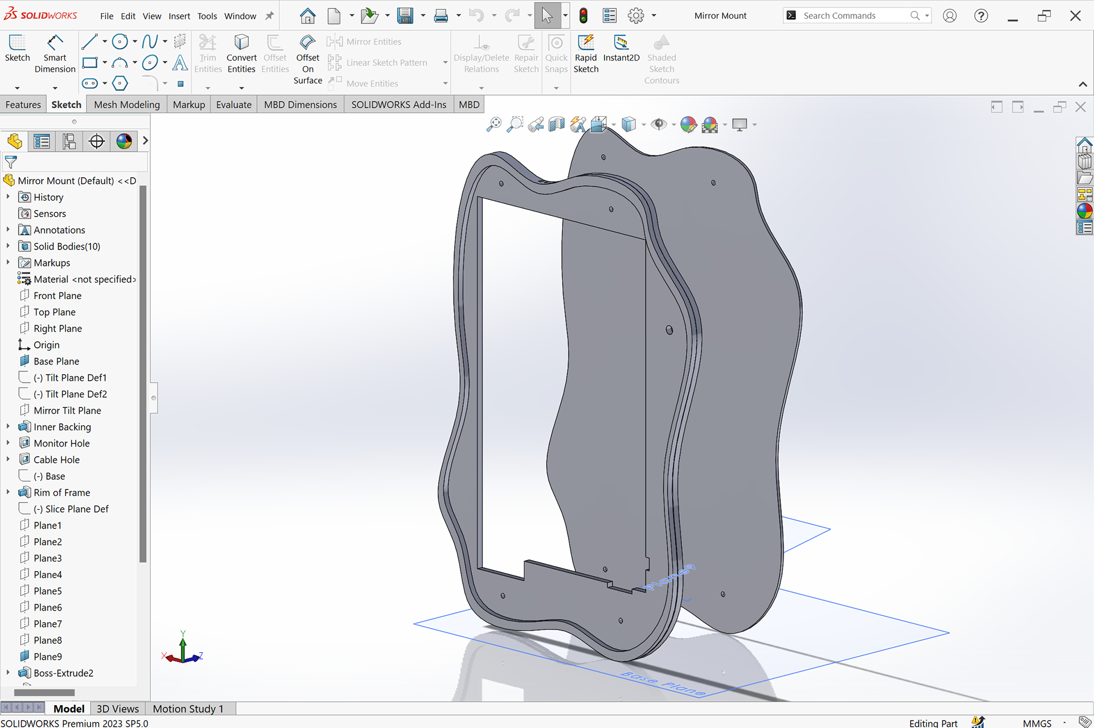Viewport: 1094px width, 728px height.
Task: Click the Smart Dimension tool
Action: pos(55,54)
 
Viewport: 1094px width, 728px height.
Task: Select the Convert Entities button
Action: pos(241,54)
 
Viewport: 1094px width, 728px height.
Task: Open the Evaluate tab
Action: pos(234,104)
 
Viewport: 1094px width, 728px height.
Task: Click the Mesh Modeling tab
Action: pos(126,104)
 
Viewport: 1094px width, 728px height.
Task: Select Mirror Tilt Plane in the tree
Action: pos(67,410)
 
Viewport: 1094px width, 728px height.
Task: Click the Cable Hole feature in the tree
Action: pos(56,459)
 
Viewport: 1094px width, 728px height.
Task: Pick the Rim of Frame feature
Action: pos(62,492)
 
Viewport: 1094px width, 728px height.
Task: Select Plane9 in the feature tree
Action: pos(47,656)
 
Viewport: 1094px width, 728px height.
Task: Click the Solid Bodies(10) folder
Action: pos(67,246)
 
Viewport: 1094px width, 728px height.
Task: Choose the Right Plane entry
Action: pos(58,328)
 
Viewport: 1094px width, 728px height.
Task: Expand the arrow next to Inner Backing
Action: pos(8,427)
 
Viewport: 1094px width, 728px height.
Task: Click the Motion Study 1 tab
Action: pos(188,709)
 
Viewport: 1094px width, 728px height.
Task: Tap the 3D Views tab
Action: pos(117,709)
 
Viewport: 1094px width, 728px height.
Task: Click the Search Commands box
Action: pos(855,15)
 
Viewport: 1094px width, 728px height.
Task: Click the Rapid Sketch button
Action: pos(586,54)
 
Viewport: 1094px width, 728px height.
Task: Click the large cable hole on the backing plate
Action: pos(670,330)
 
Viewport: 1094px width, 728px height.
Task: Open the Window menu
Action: pos(240,16)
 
